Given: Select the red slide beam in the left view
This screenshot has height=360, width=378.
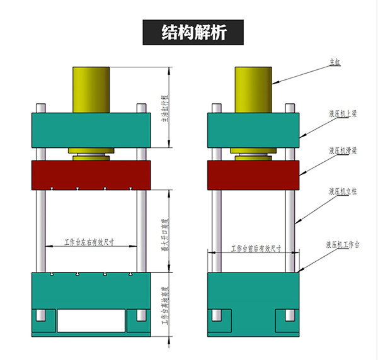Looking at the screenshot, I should pyautogui.click(x=91, y=174).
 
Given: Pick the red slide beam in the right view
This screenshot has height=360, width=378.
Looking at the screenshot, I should pyautogui.click(x=254, y=174).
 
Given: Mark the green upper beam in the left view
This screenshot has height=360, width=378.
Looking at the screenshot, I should pyautogui.click(x=91, y=131).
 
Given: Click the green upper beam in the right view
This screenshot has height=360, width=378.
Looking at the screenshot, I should pyautogui.click(x=254, y=131).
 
